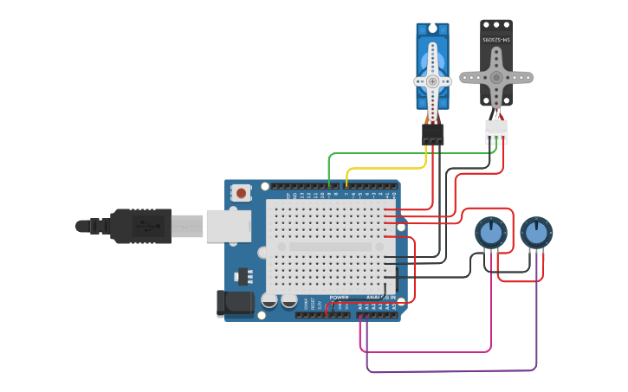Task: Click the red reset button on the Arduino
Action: coord(240,192)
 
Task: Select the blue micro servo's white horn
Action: coord(432,81)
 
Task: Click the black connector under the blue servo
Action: coord(432,134)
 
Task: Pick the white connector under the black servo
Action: coord(496,132)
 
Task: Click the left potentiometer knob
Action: coord(491,232)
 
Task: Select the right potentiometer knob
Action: coord(536,232)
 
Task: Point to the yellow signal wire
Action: coord(385,169)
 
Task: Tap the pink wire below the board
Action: coord(424,351)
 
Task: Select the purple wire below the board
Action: coord(450,371)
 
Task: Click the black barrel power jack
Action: coord(234,303)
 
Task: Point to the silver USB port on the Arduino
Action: coord(228,226)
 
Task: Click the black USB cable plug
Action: coord(139,226)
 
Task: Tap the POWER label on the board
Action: coord(339,298)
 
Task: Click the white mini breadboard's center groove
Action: coord(330,247)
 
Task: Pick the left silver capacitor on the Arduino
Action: coord(269,301)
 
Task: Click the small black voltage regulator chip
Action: coord(242,276)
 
